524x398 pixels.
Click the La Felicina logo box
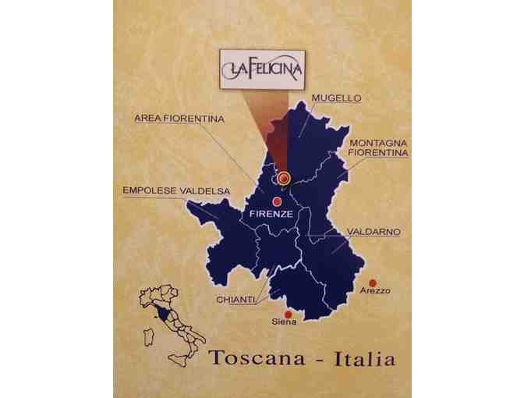261,66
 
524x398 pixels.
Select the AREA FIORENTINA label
179,119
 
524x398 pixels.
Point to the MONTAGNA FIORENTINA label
378,148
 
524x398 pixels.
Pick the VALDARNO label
374,233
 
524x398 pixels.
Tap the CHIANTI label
233,300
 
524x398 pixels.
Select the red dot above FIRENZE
277,201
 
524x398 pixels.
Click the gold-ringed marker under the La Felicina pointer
284,179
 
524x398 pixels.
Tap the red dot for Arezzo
373,283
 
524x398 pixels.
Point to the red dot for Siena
288,314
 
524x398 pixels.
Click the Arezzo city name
375,292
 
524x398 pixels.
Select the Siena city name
284,322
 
